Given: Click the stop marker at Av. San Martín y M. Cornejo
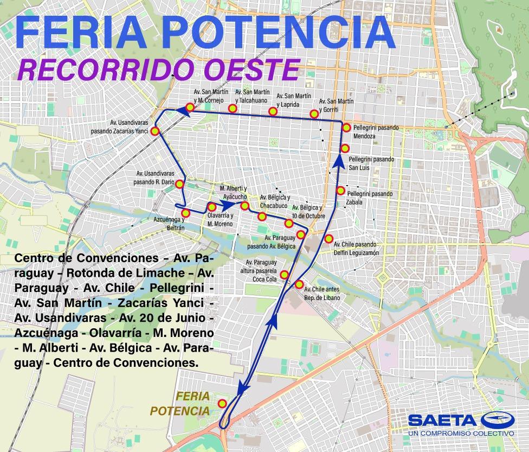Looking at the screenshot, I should [190, 107].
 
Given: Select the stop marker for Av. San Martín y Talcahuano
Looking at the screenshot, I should [232, 109].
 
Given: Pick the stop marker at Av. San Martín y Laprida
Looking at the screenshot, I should [273, 112].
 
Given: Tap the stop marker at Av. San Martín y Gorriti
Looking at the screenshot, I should [314, 113].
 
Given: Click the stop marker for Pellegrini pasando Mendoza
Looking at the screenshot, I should [346, 128].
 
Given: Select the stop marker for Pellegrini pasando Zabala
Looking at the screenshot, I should [340, 190].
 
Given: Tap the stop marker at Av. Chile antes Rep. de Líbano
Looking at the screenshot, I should [299, 284].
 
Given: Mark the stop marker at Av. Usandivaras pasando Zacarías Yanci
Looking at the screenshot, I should [155, 131].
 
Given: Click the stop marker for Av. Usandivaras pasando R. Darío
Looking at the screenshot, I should [179, 184].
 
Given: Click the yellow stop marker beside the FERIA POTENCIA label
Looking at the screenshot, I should [222, 403].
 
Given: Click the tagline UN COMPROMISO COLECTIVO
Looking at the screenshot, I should [461, 434].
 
